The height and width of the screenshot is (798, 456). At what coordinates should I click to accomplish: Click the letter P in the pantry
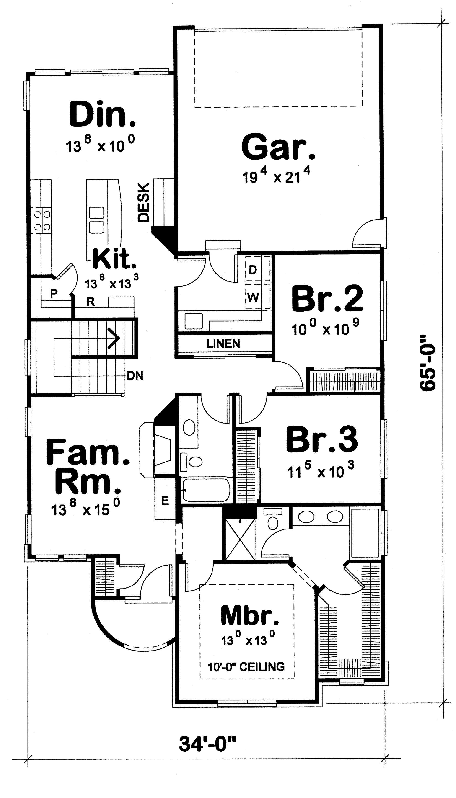(x=54, y=294)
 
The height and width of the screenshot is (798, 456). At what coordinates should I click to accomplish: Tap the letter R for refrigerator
(x=91, y=302)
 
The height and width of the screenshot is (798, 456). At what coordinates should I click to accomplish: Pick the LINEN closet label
(x=223, y=344)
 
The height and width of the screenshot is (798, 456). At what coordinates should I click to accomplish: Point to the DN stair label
(x=135, y=375)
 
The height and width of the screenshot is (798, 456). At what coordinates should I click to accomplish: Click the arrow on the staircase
(x=113, y=338)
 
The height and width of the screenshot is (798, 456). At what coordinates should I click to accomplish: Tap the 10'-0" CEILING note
(x=246, y=667)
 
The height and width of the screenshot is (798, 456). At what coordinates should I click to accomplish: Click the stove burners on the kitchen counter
(x=42, y=220)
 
